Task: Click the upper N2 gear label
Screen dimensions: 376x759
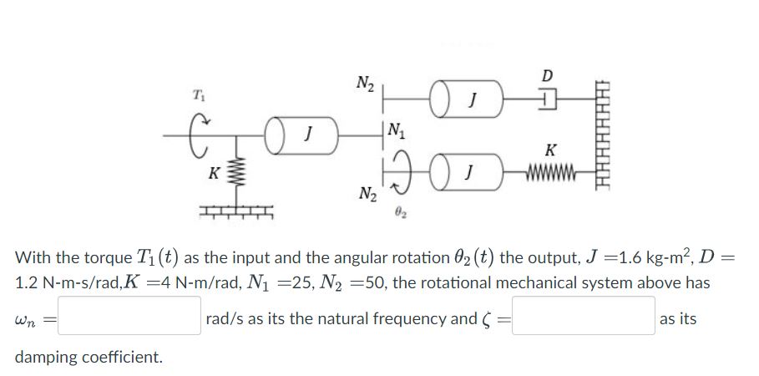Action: (x=364, y=84)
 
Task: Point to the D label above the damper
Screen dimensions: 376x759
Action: (x=547, y=77)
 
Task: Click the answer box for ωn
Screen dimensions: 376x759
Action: (x=129, y=320)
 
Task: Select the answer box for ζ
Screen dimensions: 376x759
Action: (x=582, y=320)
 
